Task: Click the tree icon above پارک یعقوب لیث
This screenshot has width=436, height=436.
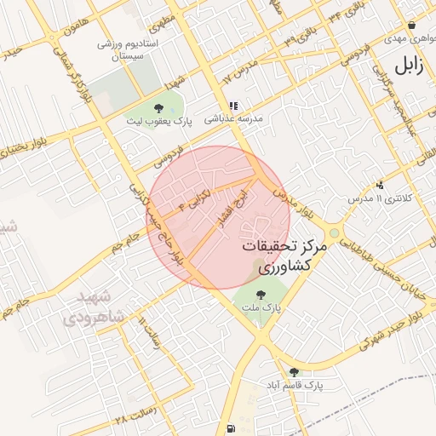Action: pos(158,108)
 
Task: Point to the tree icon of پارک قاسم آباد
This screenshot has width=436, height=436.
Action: pos(294,372)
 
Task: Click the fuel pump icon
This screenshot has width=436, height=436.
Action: pos(232,427)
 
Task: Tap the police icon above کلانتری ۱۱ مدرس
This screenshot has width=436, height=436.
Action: pos(379,184)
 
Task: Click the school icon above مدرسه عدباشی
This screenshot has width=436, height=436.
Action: pos(232,106)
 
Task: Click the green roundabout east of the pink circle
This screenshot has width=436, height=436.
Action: pos(334,232)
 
